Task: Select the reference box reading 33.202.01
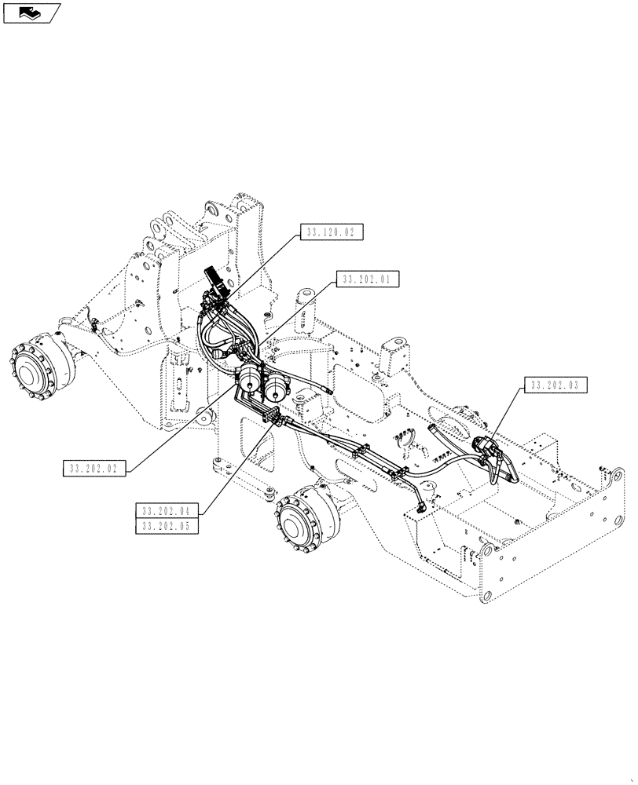(368, 279)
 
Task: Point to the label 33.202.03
(554, 385)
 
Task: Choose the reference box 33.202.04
(167, 510)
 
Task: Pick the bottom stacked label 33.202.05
(167, 526)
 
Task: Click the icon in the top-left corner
(31, 12)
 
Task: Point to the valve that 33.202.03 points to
(485, 451)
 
